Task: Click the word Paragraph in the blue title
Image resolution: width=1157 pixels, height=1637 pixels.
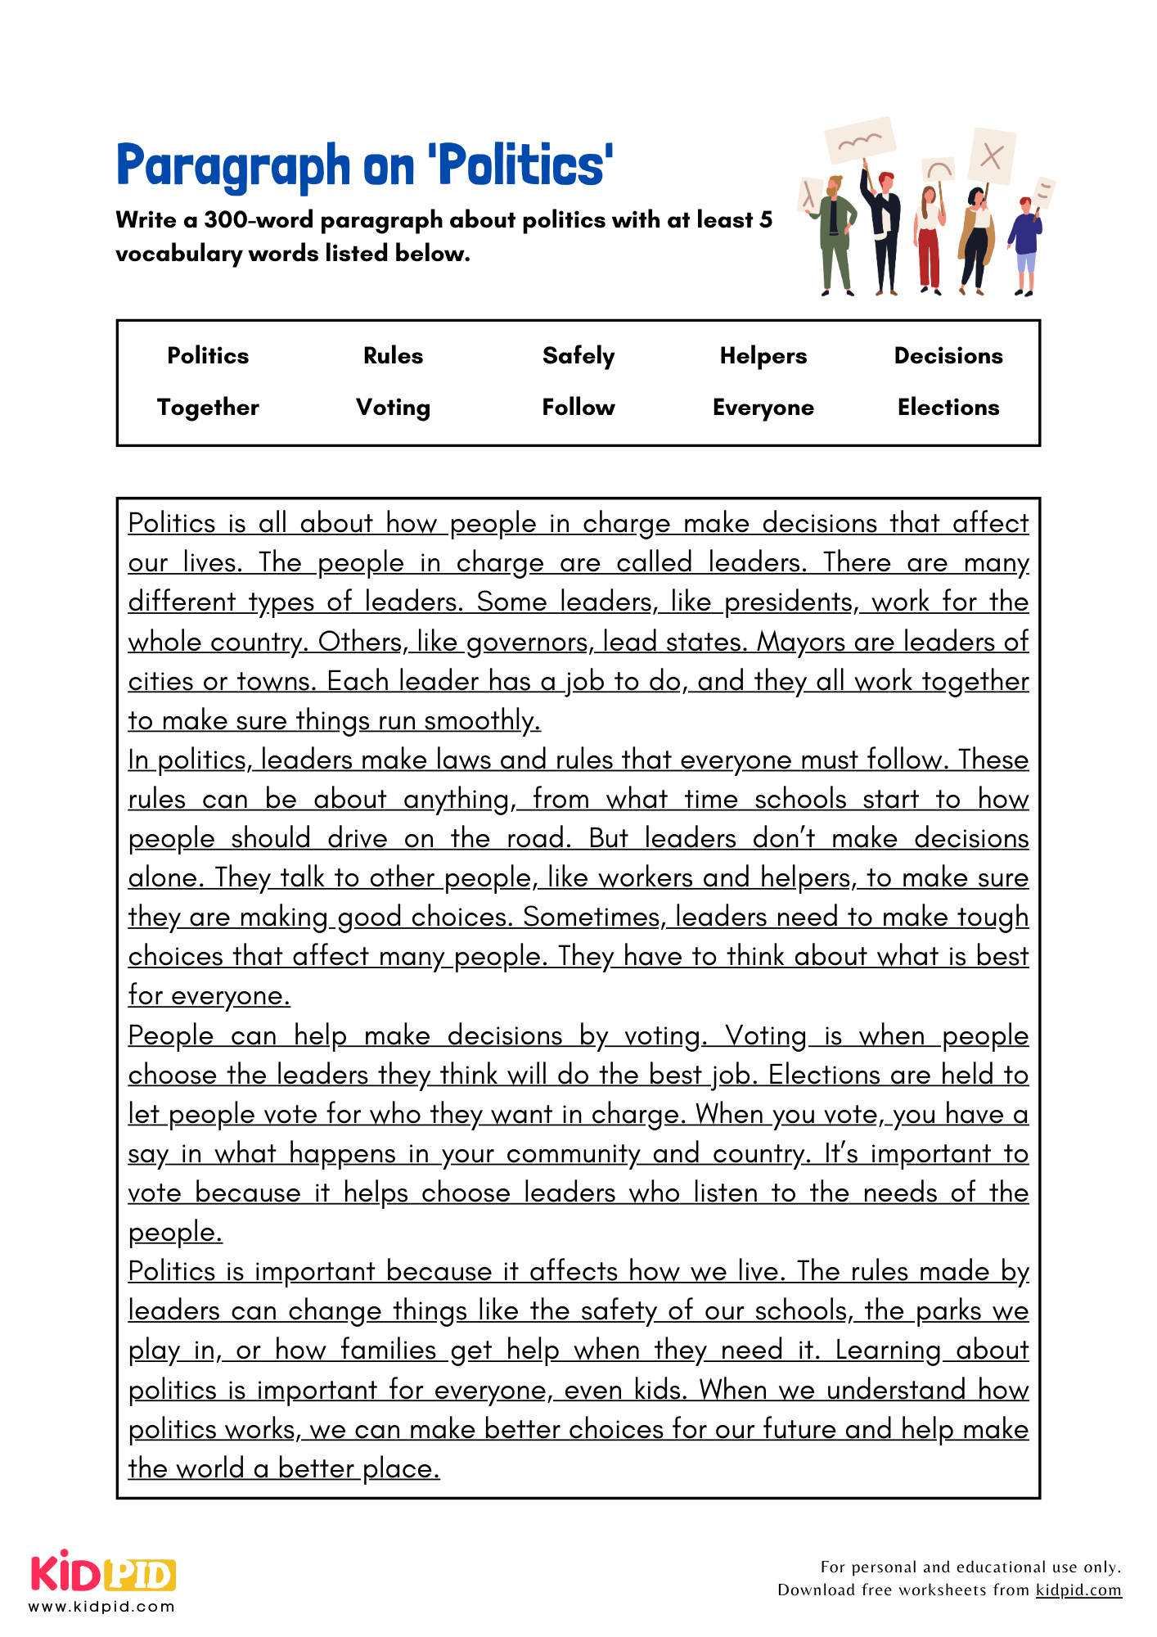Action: click(233, 166)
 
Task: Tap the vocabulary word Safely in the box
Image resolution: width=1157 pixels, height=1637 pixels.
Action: click(578, 356)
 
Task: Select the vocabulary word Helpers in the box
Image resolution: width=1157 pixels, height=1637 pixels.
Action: click(763, 356)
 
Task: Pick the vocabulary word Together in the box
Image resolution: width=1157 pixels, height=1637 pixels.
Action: click(208, 408)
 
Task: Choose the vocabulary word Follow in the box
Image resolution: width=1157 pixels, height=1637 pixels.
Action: click(578, 408)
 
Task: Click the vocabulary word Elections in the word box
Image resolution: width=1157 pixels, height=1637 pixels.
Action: click(948, 408)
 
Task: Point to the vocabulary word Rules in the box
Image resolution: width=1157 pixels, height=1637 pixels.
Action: click(393, 356)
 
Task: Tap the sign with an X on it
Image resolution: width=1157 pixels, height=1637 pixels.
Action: click(992, 156)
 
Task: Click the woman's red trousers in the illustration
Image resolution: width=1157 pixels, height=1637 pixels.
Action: click(930, 258)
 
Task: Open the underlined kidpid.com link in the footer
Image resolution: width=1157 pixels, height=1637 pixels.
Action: click(1078, 1590)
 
